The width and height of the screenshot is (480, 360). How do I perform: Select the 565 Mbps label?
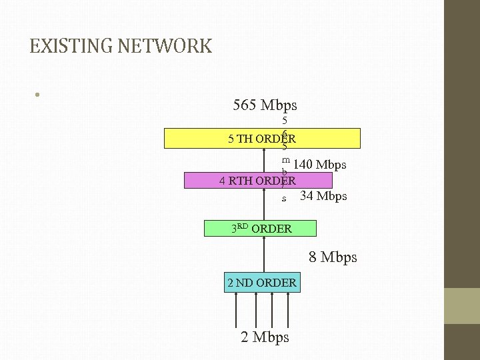(x=265, y=105)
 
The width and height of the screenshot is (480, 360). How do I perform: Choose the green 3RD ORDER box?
(x=262, y=228)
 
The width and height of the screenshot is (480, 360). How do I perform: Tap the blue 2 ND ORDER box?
(x=262, y=283)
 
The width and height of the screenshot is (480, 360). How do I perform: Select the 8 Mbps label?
(x=333, y=257)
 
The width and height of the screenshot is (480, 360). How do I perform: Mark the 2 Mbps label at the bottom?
(x=265, y=337)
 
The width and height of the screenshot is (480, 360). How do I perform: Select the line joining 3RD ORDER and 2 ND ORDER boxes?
(x=265, y=254)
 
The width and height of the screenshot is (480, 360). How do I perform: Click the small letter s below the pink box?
(x=284, y=199)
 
